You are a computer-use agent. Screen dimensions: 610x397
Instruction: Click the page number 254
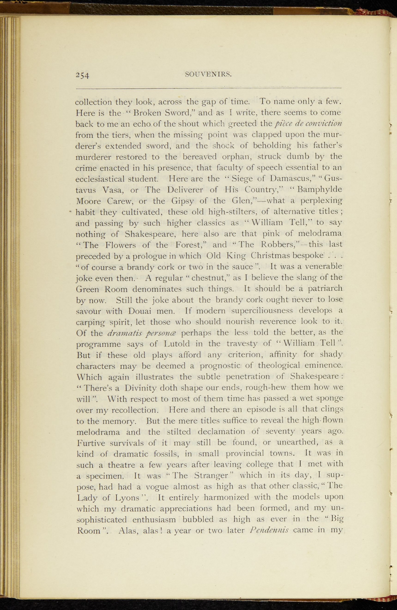(x=82, y=75)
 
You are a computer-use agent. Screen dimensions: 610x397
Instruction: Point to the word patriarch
(x=325, y=289)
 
